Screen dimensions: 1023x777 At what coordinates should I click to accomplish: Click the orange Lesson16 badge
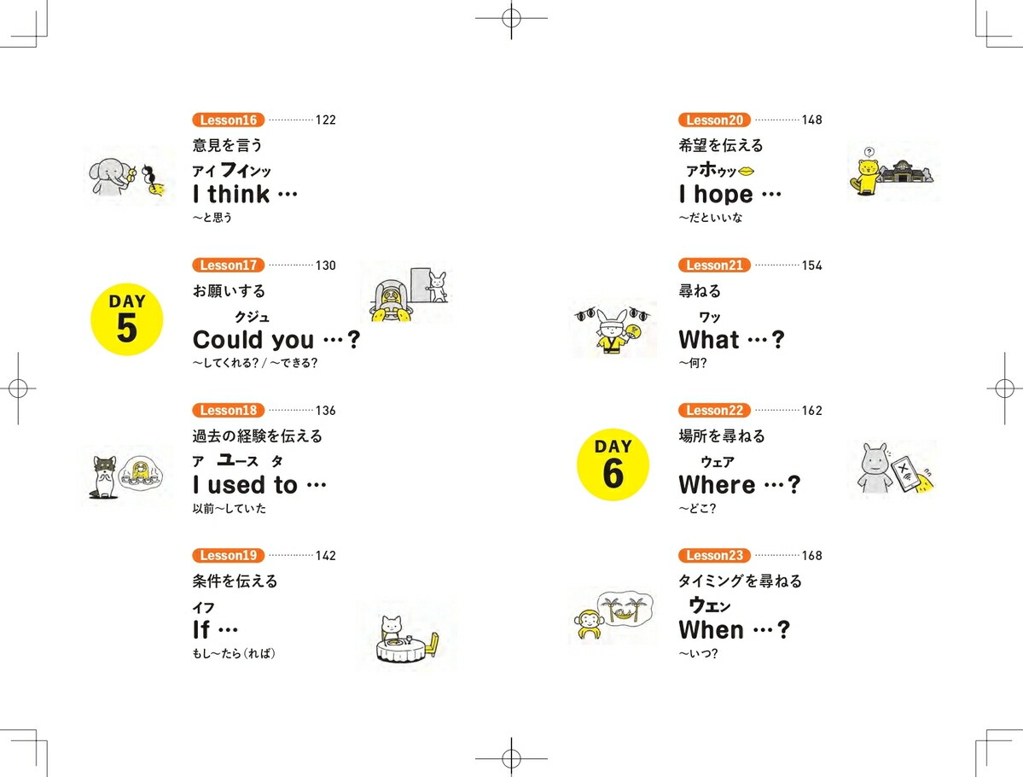click(x=229, y=120)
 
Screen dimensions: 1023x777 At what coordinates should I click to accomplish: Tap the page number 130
click(x=326, y=265)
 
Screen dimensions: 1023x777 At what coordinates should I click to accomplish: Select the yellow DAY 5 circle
click(x=126, y=319)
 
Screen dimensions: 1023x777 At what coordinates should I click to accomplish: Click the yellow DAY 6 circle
click(x=613, y=464)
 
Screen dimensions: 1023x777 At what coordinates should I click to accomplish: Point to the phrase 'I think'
click(x=231, y=194)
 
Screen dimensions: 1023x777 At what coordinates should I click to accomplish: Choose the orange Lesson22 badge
click(x=714, y=410)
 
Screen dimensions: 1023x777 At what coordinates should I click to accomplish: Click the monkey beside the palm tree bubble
click(x=589, y=624)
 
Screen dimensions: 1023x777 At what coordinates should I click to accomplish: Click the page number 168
click(x=811, y=556)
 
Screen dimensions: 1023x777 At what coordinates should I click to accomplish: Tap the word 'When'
click(x=711, y=630)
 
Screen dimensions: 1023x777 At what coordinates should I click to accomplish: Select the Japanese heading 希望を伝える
click(x=721, y=145)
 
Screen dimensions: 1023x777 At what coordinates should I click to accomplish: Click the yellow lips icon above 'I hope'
click(x=747, y=171)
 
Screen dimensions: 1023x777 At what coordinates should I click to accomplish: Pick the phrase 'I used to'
click(x=245, y=485)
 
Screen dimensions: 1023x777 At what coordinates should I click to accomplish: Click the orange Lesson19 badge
click(x=229, y=556)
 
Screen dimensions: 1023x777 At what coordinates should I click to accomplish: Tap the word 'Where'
click(x=717, y=485)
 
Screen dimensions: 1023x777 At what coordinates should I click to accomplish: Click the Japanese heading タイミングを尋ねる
click(x=741, y=581)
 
